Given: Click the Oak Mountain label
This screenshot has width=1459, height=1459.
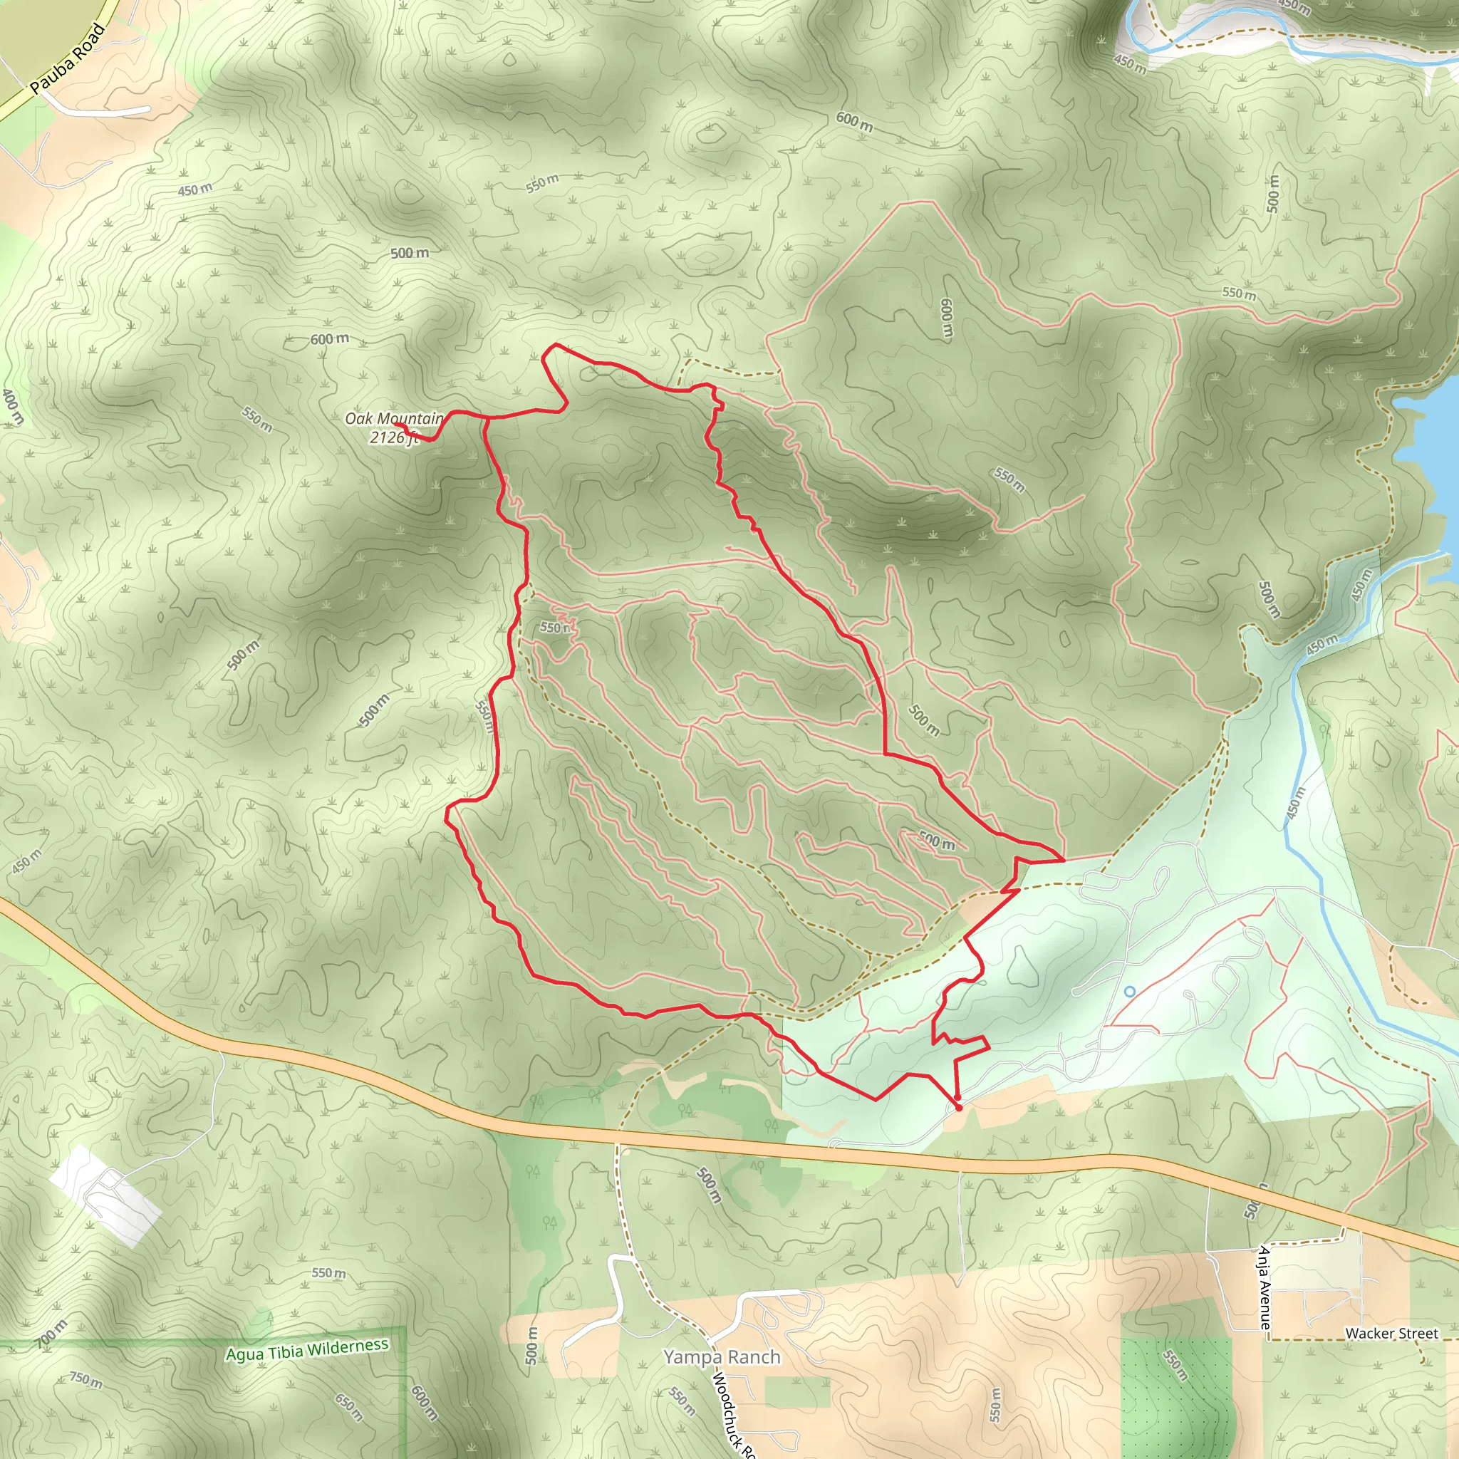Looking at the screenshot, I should [394, 417].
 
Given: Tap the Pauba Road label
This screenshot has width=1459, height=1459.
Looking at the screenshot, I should [67, 60].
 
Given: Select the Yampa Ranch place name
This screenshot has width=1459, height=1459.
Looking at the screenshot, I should [721, 1357].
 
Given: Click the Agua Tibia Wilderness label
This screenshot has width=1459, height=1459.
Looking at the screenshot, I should [307, 1349].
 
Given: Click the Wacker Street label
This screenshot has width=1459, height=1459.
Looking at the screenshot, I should [1391, 1334].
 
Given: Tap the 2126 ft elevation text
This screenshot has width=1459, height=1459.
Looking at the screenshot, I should [393, 437].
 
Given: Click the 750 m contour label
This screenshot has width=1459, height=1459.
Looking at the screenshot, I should [86, 1380].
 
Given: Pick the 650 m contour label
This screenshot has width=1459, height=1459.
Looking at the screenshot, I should [349, 1407].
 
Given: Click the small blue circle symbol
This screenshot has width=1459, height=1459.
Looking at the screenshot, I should [1130, 992].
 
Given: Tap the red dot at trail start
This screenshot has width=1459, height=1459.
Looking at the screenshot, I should [958, 1108].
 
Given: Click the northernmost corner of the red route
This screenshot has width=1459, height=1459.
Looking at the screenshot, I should [556, 344].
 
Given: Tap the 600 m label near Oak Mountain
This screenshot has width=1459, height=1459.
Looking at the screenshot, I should [329, 339].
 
